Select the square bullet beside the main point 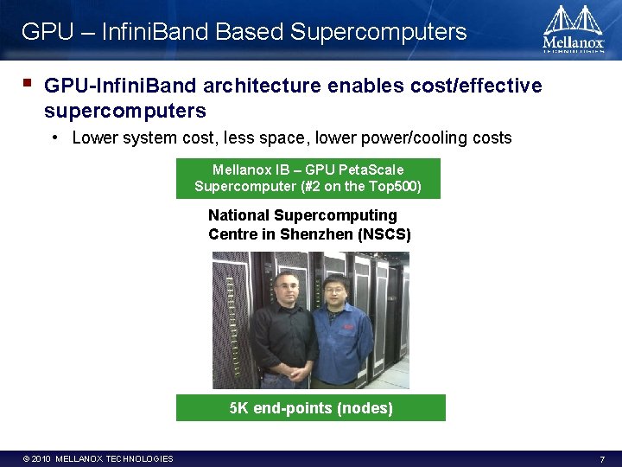[x=28, y=85]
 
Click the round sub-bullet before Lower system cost [x=55, y=138]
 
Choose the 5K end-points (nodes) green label [x=311, y=408]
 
